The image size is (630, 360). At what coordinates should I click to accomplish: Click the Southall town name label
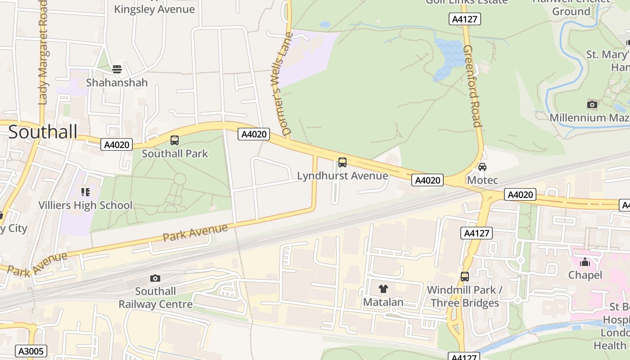43,132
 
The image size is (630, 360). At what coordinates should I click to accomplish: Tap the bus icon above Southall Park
175,140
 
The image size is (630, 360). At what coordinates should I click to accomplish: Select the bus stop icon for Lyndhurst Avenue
342,162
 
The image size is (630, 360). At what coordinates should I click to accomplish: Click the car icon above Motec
482,167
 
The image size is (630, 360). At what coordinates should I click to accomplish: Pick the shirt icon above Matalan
383,289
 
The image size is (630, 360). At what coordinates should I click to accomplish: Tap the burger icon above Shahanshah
117,69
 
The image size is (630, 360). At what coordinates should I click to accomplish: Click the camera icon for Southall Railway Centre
155,278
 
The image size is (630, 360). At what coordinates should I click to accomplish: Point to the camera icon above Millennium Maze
592,105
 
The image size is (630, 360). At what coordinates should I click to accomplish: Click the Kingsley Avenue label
154,9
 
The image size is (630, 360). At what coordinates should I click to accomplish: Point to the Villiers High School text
85,206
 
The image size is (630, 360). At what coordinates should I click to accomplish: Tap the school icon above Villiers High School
85,193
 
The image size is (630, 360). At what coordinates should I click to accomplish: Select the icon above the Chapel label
585,262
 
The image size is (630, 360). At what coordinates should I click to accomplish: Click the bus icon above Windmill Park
465,277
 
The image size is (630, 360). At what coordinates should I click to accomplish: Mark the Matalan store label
383,302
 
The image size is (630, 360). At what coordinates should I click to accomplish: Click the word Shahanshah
117,83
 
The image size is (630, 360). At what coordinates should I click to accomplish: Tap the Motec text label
482,180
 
